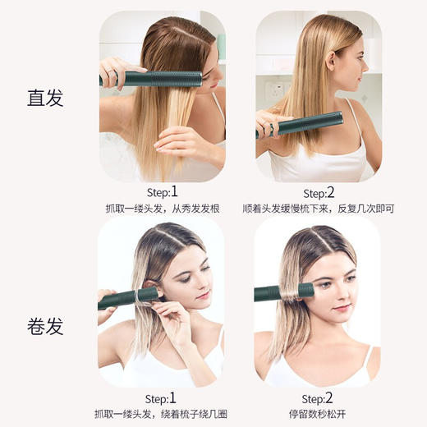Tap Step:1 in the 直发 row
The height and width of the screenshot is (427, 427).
click(x=161, y=192)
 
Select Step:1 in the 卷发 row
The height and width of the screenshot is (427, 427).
click(x=161, y=397)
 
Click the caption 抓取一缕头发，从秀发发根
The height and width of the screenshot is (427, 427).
click(x=161, y=209)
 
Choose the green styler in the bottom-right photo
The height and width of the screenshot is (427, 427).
click(x=284, y=291)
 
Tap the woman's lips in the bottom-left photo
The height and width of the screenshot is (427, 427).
click(x=202, y=294)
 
